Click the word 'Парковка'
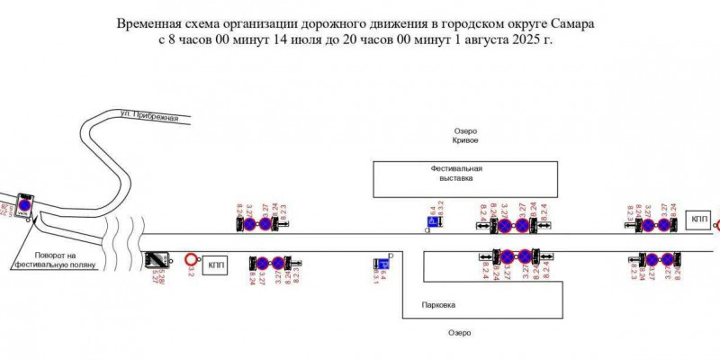(x=438, y=305)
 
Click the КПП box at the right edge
(x=699, y=220)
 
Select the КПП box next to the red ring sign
(x=216, y=264)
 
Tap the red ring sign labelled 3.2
(x=191, y=260)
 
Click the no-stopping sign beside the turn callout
(x=25, y=205)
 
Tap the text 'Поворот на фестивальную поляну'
(x=57, y=260)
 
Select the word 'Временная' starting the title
(x=148, y=22)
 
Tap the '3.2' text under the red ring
(x=190, y=273)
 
